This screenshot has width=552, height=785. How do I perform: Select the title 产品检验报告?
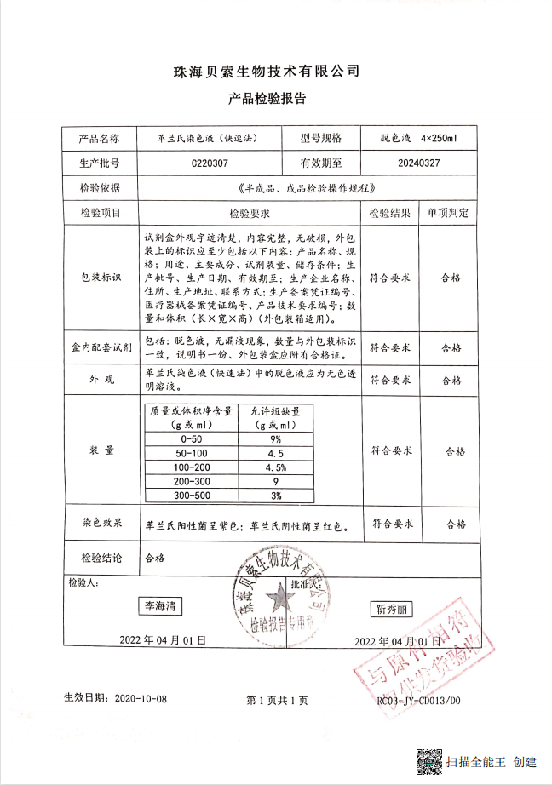267,99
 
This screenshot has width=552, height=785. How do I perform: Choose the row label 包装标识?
101,278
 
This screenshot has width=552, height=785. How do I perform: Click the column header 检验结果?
390,212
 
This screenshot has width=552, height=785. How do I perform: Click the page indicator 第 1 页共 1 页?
277,700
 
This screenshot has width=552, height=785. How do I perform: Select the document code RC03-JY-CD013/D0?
418,700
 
